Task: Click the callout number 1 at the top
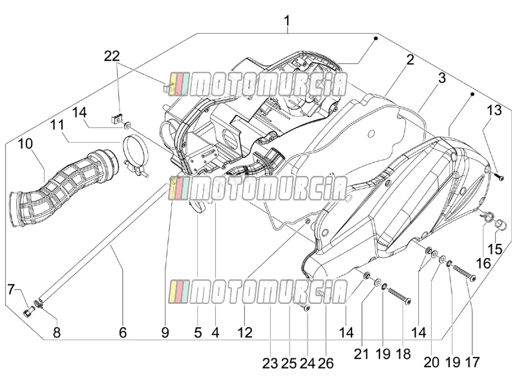click(287, 21)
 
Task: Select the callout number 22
click(112, 56)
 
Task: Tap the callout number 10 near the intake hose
click(25, 144)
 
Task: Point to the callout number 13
click(494, 110)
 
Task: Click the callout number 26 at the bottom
click(326, 363)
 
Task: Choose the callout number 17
click(472, 362)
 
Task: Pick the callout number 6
click(123, 332)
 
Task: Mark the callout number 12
click(245, 332)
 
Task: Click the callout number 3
click(442, 78)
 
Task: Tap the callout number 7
click(12, 290)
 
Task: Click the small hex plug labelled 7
click(28, 311)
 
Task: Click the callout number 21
click(361, 354)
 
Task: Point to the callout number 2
click(410, 59)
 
